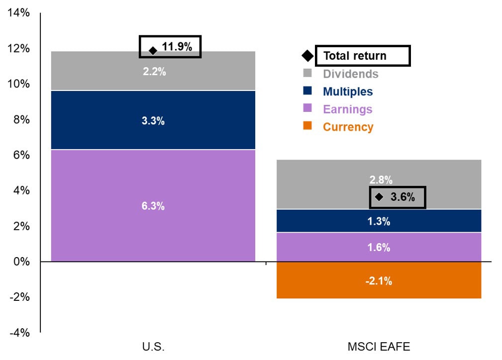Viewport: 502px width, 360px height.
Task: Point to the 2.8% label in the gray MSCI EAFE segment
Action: click(381, 180)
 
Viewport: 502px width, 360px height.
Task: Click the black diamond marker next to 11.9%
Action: click(153, 50)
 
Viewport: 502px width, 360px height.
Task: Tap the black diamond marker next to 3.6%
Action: click(379, 197)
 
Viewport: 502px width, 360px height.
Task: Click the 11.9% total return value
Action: click(177, 48)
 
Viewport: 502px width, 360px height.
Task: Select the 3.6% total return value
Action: click(402, 197)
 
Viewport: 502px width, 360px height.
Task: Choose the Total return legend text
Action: click(355, 56)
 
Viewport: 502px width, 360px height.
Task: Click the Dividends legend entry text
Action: click(350, 74)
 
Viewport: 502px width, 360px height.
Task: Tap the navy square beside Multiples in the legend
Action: click(307, 90)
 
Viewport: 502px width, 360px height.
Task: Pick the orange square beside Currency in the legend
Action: click(307, 126)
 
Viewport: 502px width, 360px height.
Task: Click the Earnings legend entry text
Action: click(347, 109)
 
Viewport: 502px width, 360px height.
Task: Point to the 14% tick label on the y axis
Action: click(19, 13)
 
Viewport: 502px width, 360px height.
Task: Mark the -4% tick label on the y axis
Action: click(19, 333)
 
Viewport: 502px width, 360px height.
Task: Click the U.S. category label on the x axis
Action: click(153, 347)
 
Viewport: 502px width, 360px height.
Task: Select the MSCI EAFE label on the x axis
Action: click(379, 347)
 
